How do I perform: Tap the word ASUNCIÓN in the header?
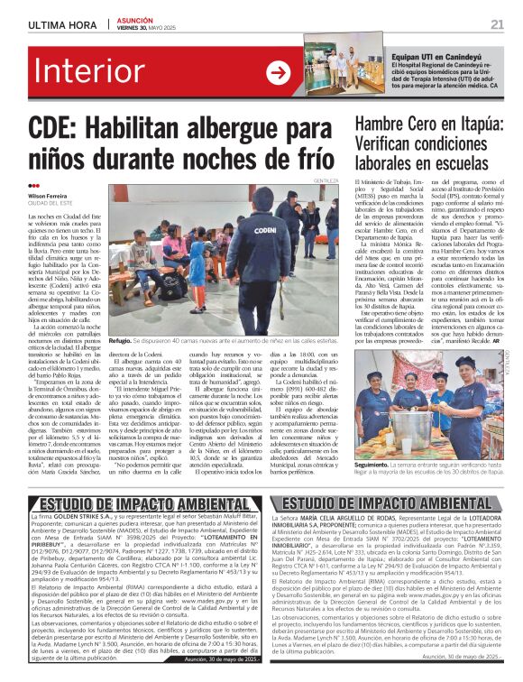click(133, 19)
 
